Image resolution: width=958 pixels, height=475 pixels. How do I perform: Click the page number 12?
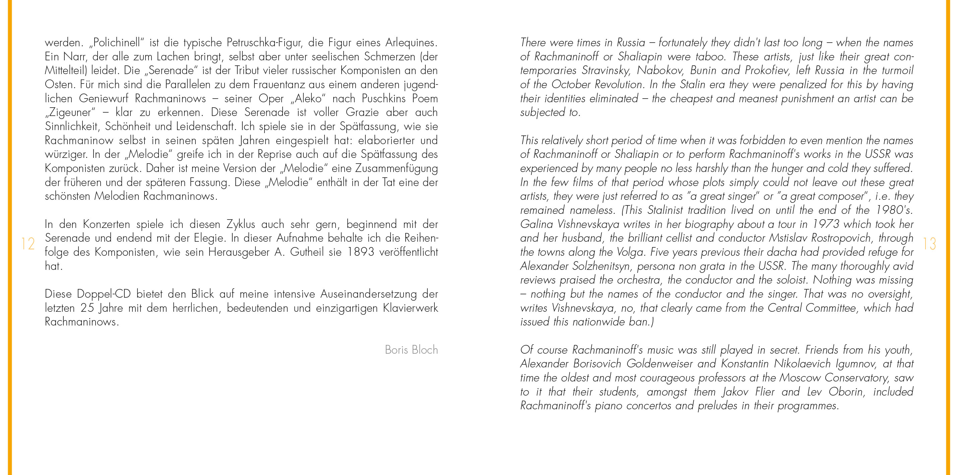pyautogui.click(x=28, y=244)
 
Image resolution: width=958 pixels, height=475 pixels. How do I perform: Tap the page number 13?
pyautogui.click(x=930, y=244)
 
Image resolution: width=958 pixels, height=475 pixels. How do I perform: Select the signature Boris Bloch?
pyautogui.click(x=411, y=350)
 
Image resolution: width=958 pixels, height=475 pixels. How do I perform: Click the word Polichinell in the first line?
pyautogui.click(x=116, y=42)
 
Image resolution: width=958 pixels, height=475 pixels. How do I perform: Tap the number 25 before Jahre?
pyautogui.click(x=87, y=308)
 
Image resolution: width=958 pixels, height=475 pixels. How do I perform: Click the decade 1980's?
pyautogui.click(x=894, y=210)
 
